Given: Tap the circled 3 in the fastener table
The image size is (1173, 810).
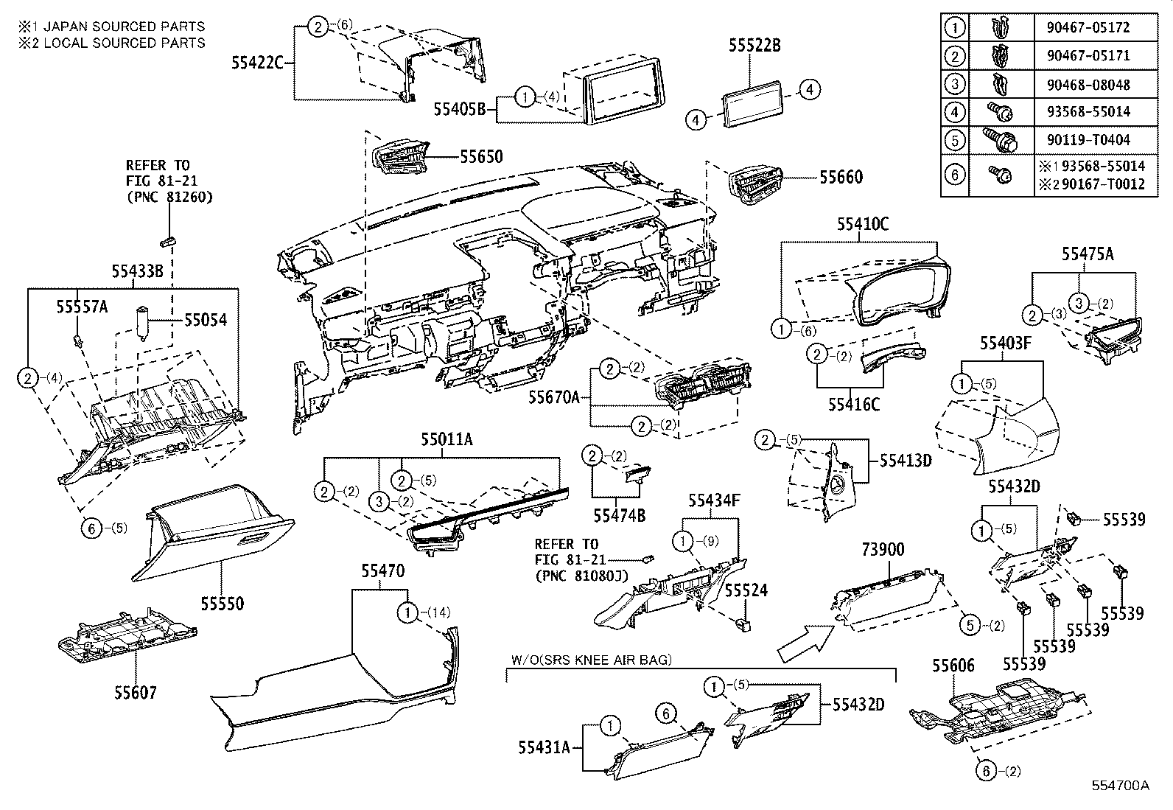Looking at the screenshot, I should point(954,83).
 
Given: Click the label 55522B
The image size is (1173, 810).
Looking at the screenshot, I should point(754,46).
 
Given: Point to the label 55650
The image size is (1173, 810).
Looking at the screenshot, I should point(481,156).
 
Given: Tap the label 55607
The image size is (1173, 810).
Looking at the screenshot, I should point(136,692).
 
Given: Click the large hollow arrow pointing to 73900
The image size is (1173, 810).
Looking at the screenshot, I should point(805,641).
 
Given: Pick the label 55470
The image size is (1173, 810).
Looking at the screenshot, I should point(382,570).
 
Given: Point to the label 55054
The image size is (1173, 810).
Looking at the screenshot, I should point(205,320).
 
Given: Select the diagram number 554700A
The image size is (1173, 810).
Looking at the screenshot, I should point(1120,785).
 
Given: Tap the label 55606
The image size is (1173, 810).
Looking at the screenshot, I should point(953,666).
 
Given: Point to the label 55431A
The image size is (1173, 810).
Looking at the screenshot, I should point(544,747).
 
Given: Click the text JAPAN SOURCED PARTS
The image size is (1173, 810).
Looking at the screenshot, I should point(121,26).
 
